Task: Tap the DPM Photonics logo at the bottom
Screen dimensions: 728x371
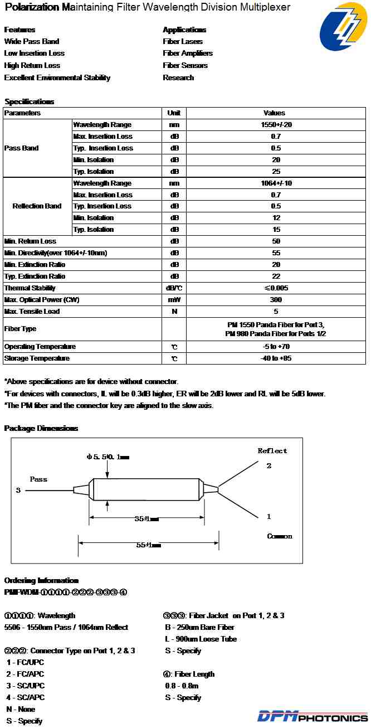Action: click(312, 716)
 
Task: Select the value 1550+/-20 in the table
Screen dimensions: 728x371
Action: click(276, 125)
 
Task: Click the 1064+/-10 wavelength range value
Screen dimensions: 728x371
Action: click(276, 183)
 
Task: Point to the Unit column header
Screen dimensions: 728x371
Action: click(174, 113)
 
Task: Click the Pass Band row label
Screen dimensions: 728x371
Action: click(21, 148)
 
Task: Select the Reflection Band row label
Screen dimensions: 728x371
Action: click(37, 206)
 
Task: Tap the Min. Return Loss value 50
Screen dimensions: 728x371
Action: click(276, 241)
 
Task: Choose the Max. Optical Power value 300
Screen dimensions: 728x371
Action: click(276, 300)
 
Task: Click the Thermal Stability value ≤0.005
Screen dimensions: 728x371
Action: click(276, 288)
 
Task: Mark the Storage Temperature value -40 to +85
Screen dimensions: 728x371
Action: click(276, 358)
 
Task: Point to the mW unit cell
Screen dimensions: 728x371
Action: click(174, 300)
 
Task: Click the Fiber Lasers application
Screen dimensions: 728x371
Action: click(183, 42)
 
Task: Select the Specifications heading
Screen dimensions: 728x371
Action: click(29, 102)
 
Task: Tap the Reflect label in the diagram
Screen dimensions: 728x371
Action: click(272, 451)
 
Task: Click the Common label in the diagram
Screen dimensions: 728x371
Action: click(280, 536)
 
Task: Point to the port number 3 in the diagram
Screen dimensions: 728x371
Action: click(18, 491)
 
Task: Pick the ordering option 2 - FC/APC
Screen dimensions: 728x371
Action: click(25, 674)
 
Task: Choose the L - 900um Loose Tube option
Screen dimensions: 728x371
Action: click(201, 639)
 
